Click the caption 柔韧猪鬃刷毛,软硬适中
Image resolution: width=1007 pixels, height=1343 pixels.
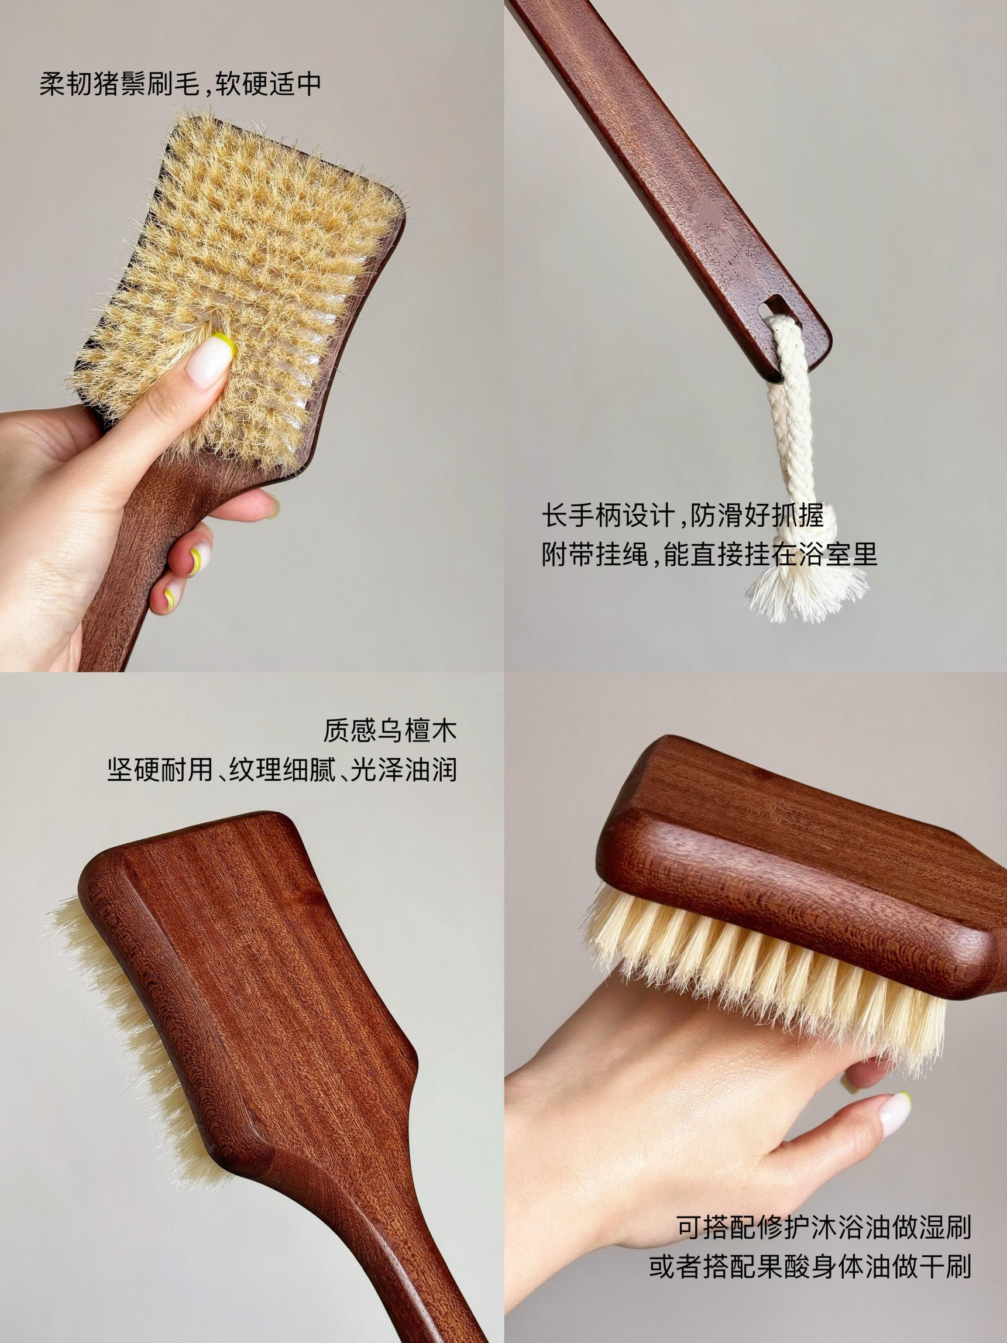pyautogui.click(x=180, y=84)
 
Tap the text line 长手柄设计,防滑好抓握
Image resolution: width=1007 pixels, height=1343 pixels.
pyautogui.click(x=683, y=517)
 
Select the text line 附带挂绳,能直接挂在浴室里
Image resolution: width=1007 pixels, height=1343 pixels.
pyautogui.click(x=709, y=555)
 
